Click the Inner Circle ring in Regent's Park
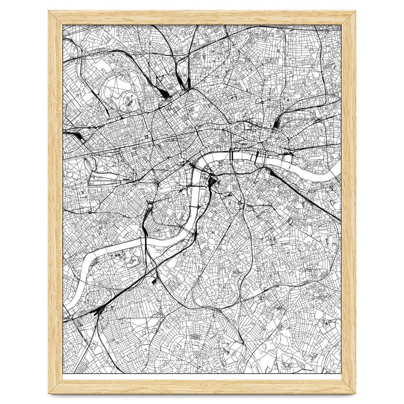click(128, 100)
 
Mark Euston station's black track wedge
click(166, 94)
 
